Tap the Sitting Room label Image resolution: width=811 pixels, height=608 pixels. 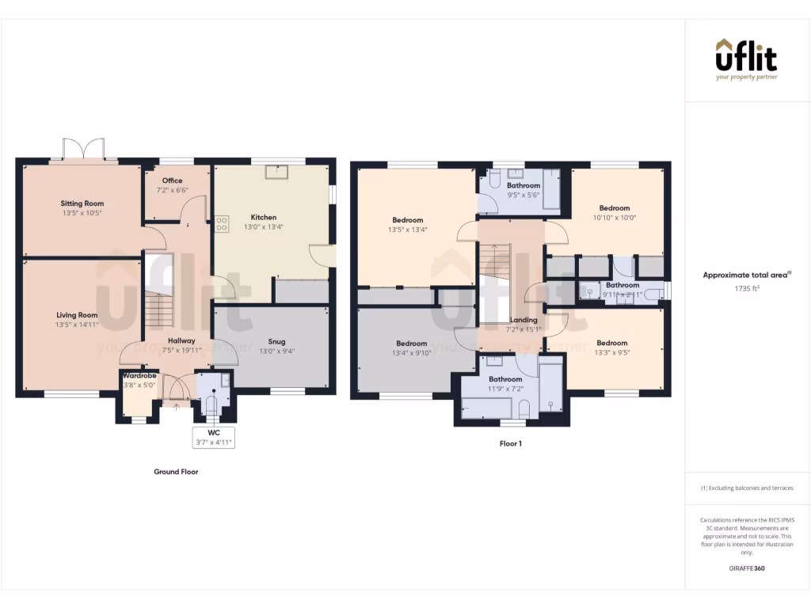click(82, 203)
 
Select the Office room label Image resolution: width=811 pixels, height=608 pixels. click(172, 180)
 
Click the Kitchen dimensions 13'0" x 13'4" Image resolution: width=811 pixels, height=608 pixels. click(264, 226)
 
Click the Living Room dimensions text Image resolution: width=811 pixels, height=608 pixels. click(77, 325)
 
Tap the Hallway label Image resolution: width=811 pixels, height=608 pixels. click(181, 340)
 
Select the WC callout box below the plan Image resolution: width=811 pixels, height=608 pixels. click(213, 438)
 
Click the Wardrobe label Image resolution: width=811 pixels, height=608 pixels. click(139, 375)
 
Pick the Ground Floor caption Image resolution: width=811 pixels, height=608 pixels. click(176, 472)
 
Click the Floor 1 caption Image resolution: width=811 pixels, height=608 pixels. click(510, 444)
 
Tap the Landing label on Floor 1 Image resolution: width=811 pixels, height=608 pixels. click(524, 320)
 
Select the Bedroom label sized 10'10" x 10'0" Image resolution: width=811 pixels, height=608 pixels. click(615, 208)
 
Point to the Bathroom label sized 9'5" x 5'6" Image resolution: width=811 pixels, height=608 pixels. click(524, 185)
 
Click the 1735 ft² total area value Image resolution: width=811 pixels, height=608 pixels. click(747, 289)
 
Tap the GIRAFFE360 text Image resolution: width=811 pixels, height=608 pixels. click(747, 568)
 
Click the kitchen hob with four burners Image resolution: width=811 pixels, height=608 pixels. click(221, 224)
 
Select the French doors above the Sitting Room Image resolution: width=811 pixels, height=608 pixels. click(84, 149)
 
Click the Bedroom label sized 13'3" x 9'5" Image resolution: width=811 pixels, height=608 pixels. click(612, 343)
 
